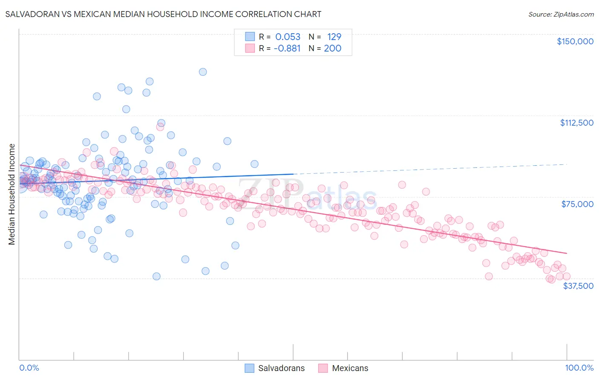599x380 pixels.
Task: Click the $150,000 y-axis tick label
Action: pyautogui.click(x=575, y=41)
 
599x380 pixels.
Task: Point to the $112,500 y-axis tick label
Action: pyautogui.click(x=576, y=123)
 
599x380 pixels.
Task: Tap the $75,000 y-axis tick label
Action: pyautogui.click(x=577, y=204)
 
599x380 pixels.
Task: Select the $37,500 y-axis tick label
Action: pyautogui.click(x=578, y=286)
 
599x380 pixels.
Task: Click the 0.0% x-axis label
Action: pyautogui.click(x=29, y=368)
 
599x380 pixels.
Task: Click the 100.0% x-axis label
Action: pyautogui.click(x=579, y=368)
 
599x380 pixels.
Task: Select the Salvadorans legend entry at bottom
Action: pyautogui.click(x=281, y=368)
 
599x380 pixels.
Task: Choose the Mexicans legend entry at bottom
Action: pyautogui.click(x=350, y=368)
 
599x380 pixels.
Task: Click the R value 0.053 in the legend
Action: pyautogui.click(x=288, y=37)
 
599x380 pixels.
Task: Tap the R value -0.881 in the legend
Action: pyautogui.click(x=287, y=49)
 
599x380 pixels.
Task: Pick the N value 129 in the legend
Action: pyautogui.click(x=334, y=37)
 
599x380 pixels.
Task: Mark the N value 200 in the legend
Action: pyautogui.click(x=332, y=49)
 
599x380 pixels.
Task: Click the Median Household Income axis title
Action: pyautogui.click(x=12, y=194)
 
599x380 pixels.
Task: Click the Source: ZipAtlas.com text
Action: pyautogui.click(x=561, y=14)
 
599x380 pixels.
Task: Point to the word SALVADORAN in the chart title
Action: pyautogui.click(x=30, y=14)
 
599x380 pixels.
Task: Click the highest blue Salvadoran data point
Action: pyautogui.click(x=203, y=72)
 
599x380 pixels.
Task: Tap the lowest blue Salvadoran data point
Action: pyautogui.click(x=156, y=276)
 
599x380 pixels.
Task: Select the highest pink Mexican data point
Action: pyautogui.click(x=160, y=127)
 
